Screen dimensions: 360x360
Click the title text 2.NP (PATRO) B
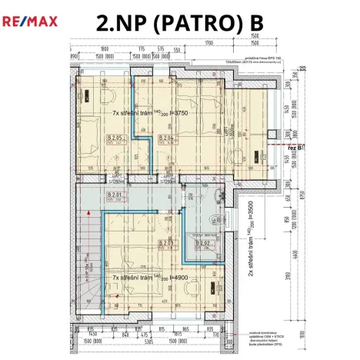(x=179, y=24)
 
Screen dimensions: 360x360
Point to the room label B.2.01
(x=115, y=195)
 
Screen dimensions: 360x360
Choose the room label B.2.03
(x=167, y=243)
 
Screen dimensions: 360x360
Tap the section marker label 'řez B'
(x=294, y=145)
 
